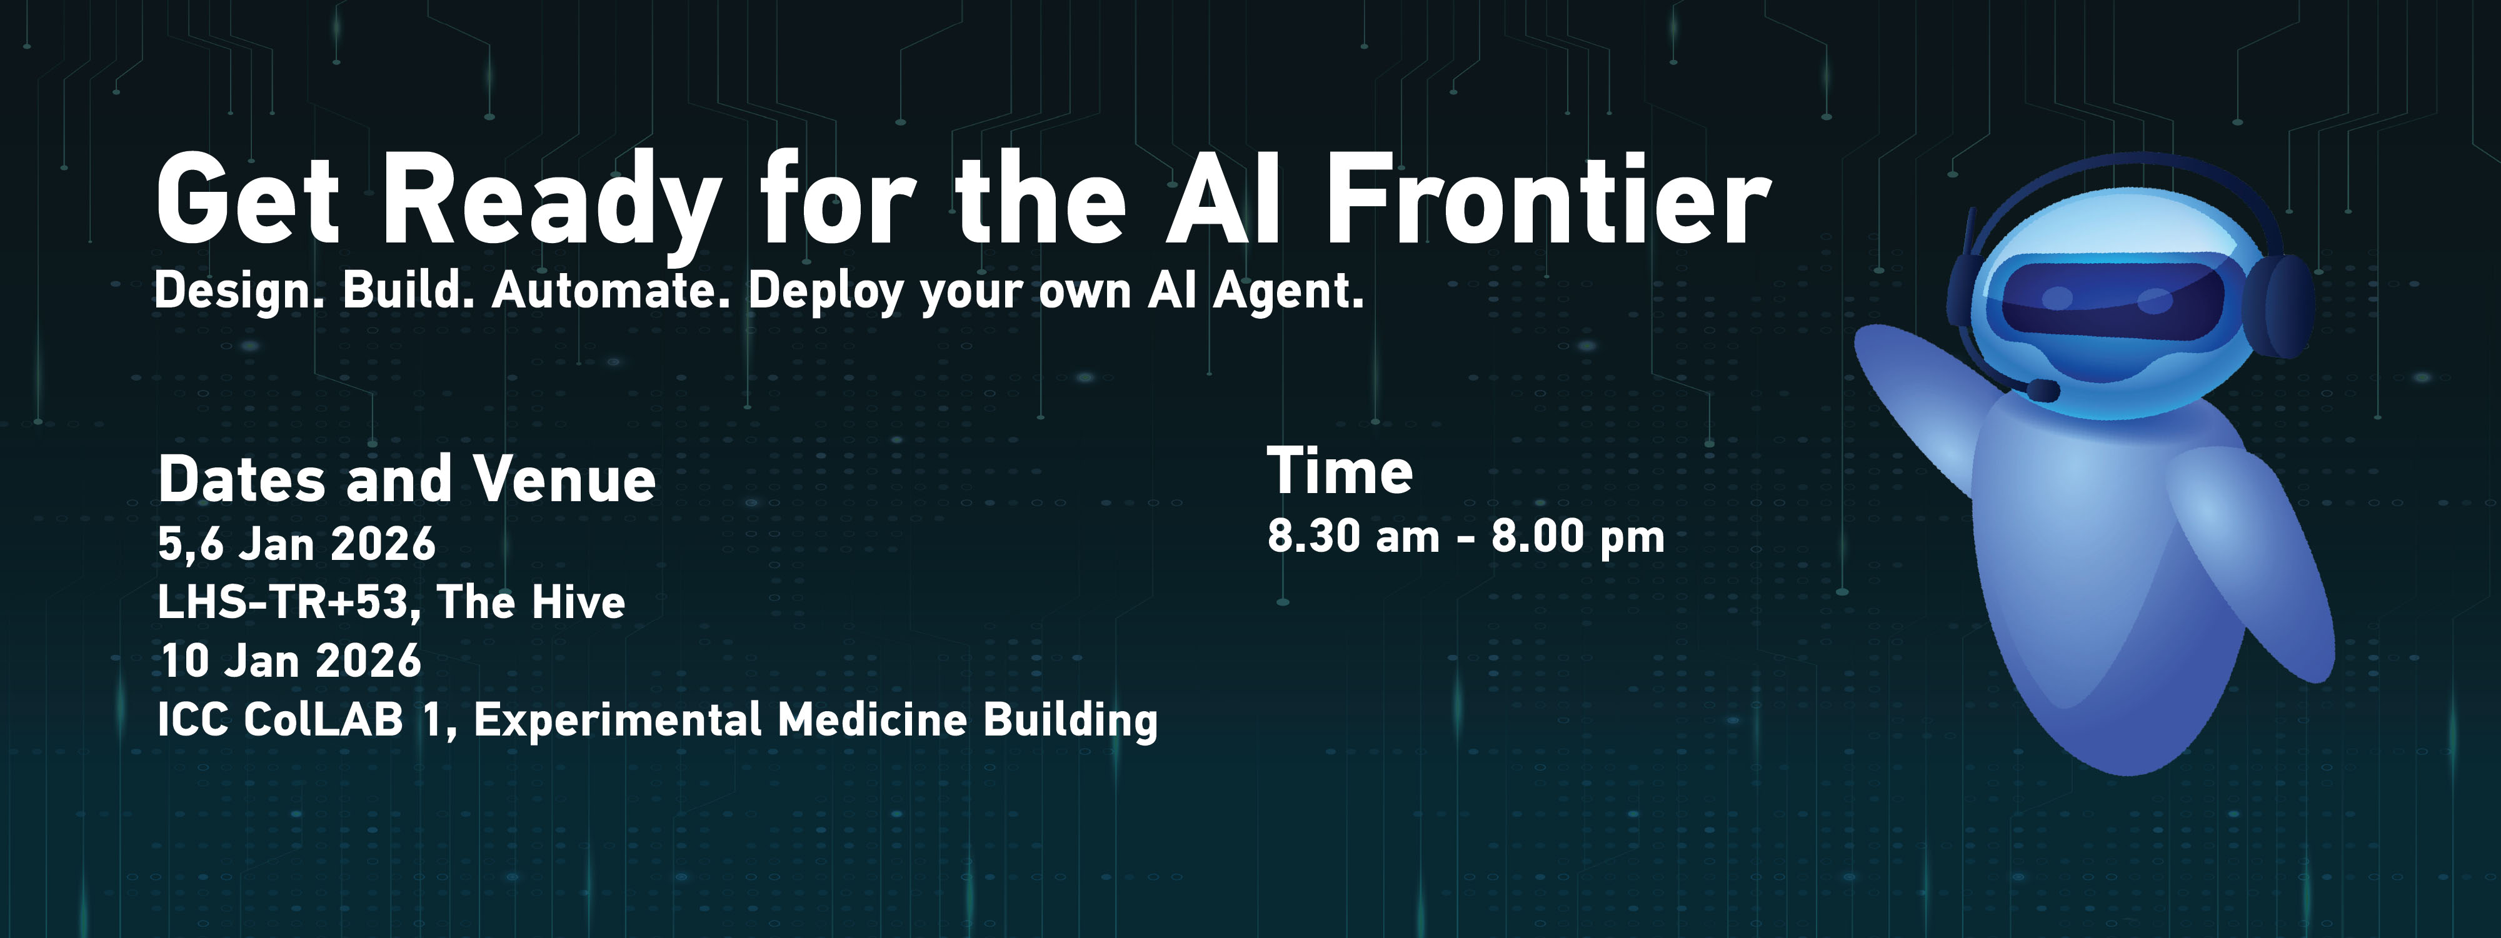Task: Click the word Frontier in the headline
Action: pyautogui.click(x=1548, y=200)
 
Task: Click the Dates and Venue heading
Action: pyautogui.click(x=407, y=480)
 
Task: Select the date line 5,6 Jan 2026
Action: pyautogui.click(x=297, y=544)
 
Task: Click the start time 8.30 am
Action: pyautogui.click(x=1353, y=536)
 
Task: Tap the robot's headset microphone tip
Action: pyautogui.click(x=2043, y=391)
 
